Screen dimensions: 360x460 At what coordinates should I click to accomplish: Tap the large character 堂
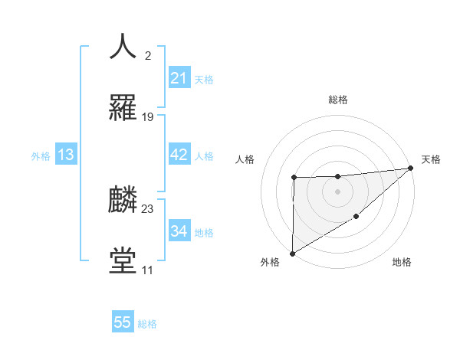(x=123, y=260)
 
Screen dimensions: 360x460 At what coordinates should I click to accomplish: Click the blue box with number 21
(x=179, y=78)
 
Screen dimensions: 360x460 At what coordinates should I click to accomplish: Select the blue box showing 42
(x=179, y=155)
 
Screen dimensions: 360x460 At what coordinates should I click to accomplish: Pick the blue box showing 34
(x=179, y=231)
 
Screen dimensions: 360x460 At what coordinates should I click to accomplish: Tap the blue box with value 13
(x=66, y=155)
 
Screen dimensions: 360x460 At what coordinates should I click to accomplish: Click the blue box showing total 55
(x=123, y=322)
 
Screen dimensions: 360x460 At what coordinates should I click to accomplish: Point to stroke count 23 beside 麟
(x=148, y=208)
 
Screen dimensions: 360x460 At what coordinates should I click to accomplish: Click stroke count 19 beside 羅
(x=148, y=117)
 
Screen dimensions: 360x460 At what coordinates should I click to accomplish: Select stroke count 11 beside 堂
(x=147, y=270)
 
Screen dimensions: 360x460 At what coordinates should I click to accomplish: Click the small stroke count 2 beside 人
(x=148, y=55)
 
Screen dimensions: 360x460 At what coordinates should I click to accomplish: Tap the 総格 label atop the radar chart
(x=338, y=100)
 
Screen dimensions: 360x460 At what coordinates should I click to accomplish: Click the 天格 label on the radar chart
(x=431, y=159)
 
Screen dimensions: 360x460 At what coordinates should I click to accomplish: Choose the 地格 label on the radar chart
(x=402, y=263)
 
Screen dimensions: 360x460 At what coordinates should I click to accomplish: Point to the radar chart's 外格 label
(x=270, y=263)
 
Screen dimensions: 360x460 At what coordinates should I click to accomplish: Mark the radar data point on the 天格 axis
(x=411, y=168)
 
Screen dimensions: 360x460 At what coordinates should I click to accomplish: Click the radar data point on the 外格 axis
(x=292, y=253)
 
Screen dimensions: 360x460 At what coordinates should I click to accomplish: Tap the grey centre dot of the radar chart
(x=337, y=191)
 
